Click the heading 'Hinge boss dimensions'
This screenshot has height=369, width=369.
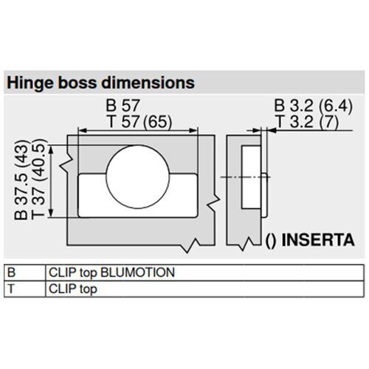(x=100, y=81)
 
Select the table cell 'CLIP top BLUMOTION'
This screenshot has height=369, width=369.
(x=111, y=272)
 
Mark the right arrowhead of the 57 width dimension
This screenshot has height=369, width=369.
(x=196, y=130)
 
